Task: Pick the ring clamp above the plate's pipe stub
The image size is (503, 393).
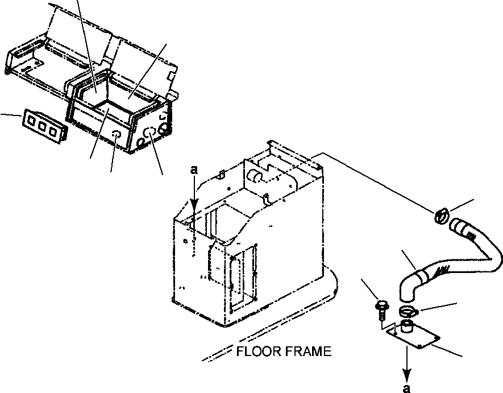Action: pyautogui.click(x=407, y=311)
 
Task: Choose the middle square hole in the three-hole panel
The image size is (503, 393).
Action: pyautogui.click(x=42, y=126)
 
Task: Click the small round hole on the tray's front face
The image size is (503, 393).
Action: pyautogui.click(x=117, y=135)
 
